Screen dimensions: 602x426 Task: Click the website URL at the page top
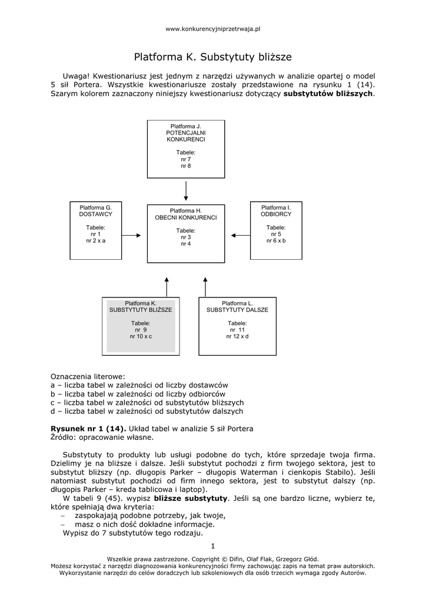tap(213, 28)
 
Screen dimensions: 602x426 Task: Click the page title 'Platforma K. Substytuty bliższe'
tap(213, 58)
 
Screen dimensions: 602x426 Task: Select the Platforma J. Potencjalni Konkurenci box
tap(186, 148)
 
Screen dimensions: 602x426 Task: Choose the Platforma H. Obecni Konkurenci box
tap(186, 233)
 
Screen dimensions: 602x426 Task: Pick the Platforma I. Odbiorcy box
tap(276, 230)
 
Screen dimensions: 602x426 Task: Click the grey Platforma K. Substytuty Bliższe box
tap(141, 325)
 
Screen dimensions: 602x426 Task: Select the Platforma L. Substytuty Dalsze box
tap(237, 325)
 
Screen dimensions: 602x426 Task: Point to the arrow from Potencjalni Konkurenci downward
tap(186, 190)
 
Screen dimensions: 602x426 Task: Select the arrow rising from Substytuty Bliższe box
tap(167, 287)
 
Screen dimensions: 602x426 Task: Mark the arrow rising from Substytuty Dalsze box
tap(205, 287)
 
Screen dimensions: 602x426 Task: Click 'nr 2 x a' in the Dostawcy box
tap(95, 240)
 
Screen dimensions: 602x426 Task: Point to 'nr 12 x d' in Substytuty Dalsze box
tap(237, 336)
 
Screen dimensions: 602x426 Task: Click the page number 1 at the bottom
tap(213, 546)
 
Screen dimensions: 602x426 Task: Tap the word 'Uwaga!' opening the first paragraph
tap(75, 76)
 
